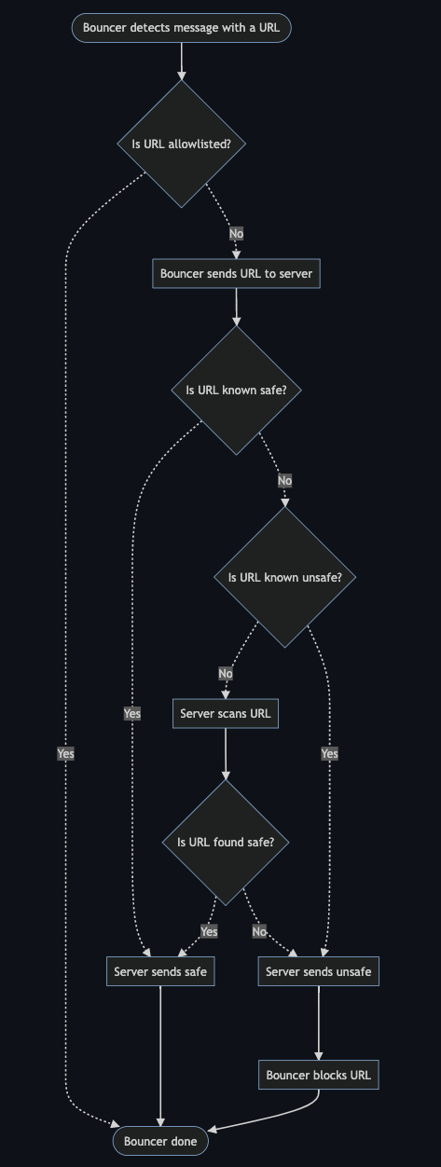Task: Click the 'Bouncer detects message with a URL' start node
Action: click(182, 28)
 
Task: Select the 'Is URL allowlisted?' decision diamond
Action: click(182, 144)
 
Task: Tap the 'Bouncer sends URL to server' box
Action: click(236, 273)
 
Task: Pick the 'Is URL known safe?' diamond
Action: click(236, 391)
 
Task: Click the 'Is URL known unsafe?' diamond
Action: click(284, 577)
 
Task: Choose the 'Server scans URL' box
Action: click(226, 713)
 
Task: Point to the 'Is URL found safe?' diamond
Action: click(226, 843)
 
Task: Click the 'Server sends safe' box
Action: click(160, 971)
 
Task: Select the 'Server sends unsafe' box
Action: click(319, 971)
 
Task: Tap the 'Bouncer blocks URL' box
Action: click(319, 1075)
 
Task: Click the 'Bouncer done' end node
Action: click(160, 1141)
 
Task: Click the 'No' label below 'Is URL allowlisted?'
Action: click(236, 233)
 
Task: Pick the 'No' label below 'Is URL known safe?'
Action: click(284, 480)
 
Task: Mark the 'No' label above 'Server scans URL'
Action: click(226, 674)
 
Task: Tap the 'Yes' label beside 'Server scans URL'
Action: click(132, 713)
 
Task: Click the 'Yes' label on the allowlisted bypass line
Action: click(65, 753)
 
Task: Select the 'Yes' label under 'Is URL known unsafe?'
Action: click(329, 753)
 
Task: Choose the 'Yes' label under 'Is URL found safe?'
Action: click(209, 931)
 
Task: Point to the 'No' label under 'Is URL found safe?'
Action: click(259, 931)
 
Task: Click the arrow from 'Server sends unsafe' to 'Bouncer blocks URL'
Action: click(319, 1023)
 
